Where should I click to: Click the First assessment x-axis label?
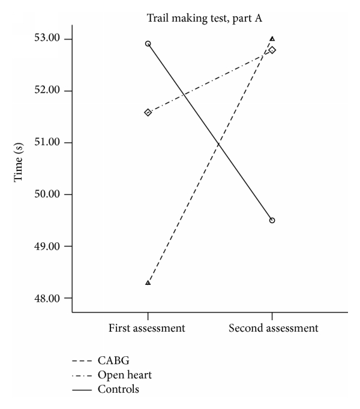point(147,328)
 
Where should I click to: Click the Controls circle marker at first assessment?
point(148,44)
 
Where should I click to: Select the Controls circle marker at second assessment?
point(272,220)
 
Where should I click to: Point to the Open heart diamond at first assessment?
point(148,112)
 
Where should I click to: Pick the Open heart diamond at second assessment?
point(272,50)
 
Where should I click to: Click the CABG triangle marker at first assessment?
point(148,282)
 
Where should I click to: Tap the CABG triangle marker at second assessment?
point(272,39)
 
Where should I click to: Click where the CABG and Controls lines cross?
point(218,144)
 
